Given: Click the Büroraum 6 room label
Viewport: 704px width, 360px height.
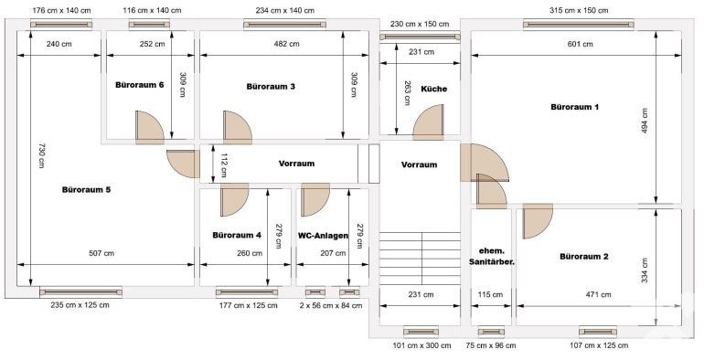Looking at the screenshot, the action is click(139, 85).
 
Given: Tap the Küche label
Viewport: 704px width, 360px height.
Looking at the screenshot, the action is click(433, 89).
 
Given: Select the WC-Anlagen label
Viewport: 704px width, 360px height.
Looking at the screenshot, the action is click(323, 235).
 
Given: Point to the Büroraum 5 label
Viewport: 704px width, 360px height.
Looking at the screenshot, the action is click(86, 190).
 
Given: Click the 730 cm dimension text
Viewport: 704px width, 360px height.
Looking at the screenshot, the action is click(41, 155).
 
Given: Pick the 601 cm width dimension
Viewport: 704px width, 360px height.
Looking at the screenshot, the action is click(580, 44).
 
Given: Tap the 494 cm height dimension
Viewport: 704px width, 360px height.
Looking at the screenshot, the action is click(645, 122).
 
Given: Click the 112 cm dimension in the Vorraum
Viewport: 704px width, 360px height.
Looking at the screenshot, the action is click(223, 165).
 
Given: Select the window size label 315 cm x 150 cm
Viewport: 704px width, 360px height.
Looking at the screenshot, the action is click(579, 10).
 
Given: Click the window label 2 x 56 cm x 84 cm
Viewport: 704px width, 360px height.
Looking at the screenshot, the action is click(330, 306).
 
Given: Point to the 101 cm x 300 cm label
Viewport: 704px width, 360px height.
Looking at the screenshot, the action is click(421, 345).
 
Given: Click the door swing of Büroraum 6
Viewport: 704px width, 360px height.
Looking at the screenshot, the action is click(150, 128).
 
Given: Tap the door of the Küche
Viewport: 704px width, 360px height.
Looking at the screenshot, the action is click(428, 122).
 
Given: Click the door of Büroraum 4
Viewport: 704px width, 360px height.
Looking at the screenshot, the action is click(234, 200).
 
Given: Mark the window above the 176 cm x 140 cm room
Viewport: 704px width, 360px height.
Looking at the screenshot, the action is click(61, 25).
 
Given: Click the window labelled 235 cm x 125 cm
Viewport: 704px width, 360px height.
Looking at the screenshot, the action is click(80, 292).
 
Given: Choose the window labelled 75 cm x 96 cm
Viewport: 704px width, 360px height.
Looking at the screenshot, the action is click(491, 333).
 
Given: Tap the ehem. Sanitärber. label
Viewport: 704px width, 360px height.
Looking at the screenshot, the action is click(491, 256).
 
